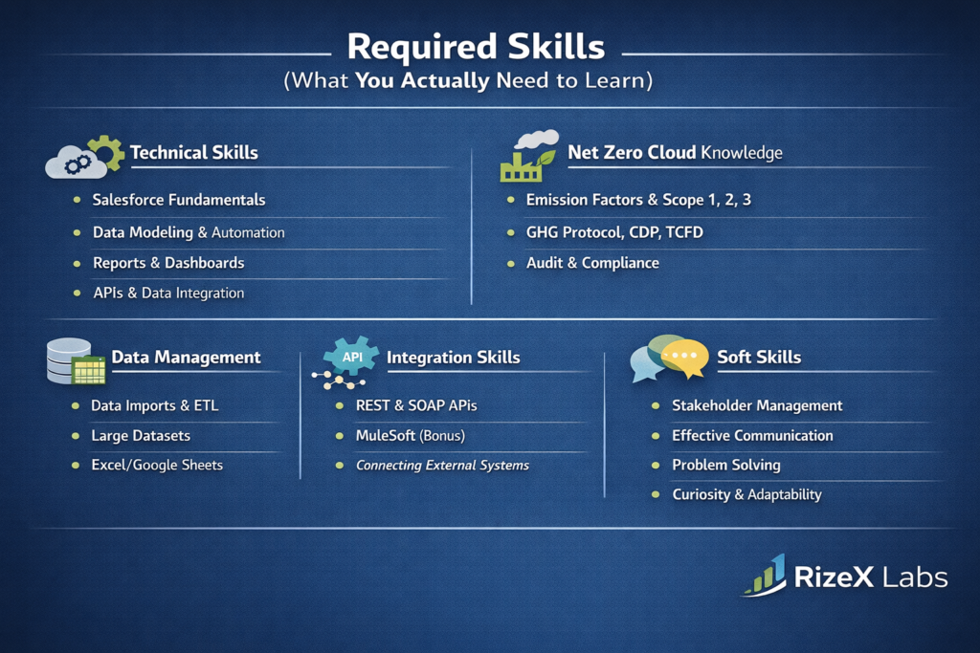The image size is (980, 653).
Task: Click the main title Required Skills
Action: pyautogui.click(x=476, y=47)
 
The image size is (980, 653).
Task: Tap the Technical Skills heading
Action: pyautogui.click(x=193, y=153)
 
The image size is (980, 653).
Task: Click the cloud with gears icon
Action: pyautogui.click(x=84, y=157)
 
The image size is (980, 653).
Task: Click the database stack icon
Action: pyautogui.click(x=76, y=360)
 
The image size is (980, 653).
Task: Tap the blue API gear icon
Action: pyautogui.click(x=351, y=356)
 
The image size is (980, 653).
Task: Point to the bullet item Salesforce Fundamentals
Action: pyautogui.click(x=179, y=200)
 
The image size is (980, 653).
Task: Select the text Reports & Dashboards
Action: pyautogui.click(x=168, y=263)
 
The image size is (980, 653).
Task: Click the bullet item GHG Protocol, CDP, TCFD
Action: pyautogui.click(x=614, y=232)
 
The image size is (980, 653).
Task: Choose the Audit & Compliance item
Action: pyautogui.click(x=592, y=263)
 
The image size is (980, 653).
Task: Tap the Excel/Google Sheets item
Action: pyautogui.click(x=157, y=465)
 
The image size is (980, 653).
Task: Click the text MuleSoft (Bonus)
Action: pyautogui.click(x=410, y=435)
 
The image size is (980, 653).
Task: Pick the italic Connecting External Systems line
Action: pyautogui.click(x=442, y=465)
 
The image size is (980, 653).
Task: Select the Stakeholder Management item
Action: pyautogui.click(x=757, y=405)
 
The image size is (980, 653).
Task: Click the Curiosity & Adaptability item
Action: pyautogui.click(x=746, y=494)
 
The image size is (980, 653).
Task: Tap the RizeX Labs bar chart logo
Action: pyautogui.click(x=765, y=575)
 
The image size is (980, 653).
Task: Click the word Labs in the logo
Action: pyautogui.click(x=915, y=577)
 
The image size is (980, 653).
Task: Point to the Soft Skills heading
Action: pyautogui.click(x=759, y=357)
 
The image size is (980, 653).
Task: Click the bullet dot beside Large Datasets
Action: pyautogui.click(x=76, y=436)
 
